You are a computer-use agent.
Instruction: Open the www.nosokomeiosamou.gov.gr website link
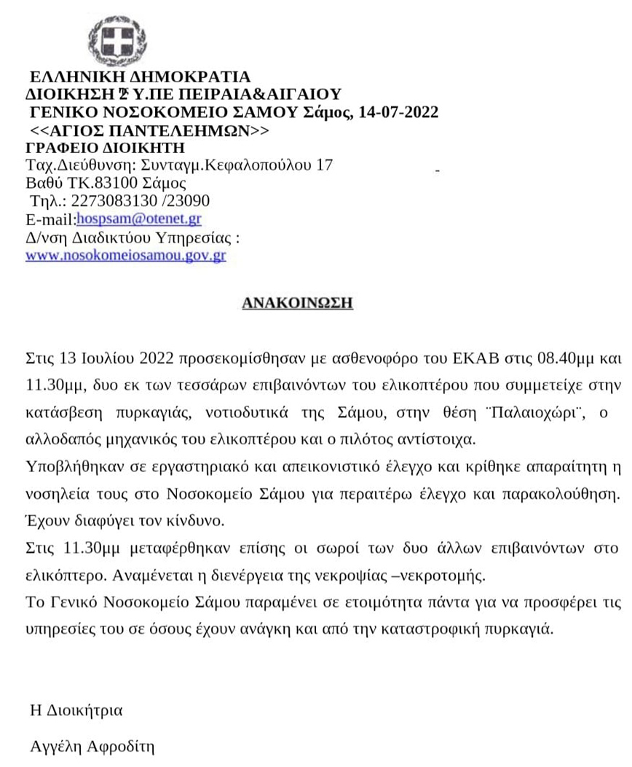pos(125,256)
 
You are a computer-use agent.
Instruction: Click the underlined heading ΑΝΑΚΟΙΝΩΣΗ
pos(297,302)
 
